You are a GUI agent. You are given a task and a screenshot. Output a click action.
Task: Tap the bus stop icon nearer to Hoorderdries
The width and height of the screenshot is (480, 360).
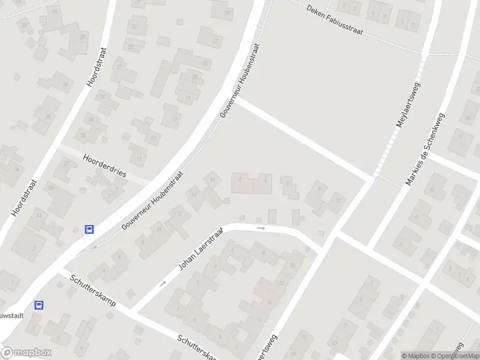click(x=89, y=229)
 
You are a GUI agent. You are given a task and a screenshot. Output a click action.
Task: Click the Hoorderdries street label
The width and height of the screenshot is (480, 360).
click(x=105, y=166)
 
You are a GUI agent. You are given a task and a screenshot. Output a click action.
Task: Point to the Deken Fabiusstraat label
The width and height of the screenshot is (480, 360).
click(x=334, y=20)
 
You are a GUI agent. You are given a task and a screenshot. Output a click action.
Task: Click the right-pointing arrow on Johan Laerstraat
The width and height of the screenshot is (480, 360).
click(x=260, y=228)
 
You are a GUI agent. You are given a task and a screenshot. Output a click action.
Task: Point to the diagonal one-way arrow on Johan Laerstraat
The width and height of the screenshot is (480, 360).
click(x=163, y=284)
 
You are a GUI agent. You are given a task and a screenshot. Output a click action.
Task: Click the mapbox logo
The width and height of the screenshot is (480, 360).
click(x=26, y=353)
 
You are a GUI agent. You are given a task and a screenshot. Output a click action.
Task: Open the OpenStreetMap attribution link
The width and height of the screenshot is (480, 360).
click(x=456, y=356)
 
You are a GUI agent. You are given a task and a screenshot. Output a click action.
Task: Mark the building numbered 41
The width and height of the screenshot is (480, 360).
click(x=38, y=215)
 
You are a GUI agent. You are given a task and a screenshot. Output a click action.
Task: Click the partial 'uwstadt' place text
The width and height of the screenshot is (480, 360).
click(x=12, y=313)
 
